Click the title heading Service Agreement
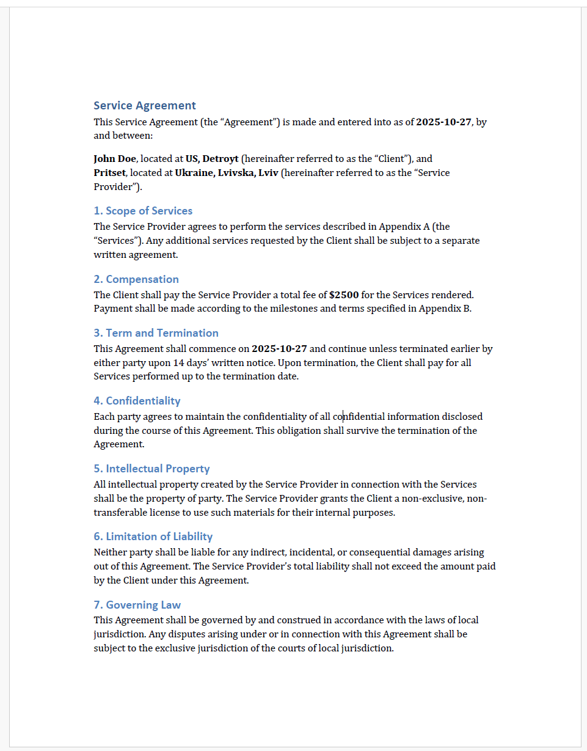(145, 106)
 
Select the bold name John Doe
(115, 159)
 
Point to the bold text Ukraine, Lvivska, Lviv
(227, 173)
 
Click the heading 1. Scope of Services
(143, 211)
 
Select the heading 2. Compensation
(136, 279)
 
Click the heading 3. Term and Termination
(156, 333)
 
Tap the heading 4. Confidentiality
(137, 401)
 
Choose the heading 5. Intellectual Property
(151, 469)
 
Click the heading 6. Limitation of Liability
(153, 537)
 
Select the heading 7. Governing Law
(137, 605)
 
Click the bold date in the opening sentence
(443, 122)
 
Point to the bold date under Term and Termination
(279, 349)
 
